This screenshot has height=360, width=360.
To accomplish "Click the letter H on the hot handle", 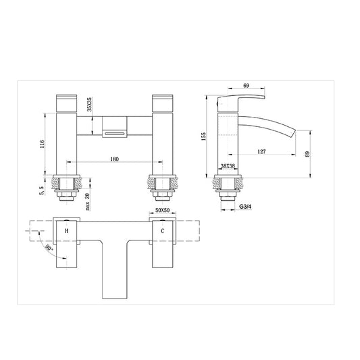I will (x=66, y=231).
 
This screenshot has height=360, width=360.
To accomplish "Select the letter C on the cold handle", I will (x=162, y=231).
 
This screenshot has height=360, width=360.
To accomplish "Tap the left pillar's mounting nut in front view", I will (x=66, y=193).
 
